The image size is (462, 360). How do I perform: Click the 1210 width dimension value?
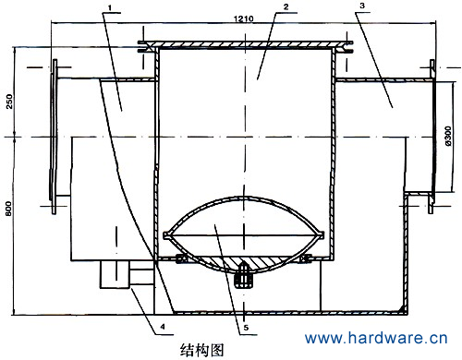(243, 18)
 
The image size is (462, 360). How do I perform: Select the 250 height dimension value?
(9, 102)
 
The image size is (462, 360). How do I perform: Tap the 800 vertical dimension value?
(8, 209)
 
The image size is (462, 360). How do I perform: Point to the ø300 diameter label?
(448, 136)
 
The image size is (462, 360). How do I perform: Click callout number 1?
(109, 7)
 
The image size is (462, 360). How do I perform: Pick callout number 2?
(286, 6)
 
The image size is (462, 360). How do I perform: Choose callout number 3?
(362, 6)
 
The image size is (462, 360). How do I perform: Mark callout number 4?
(163, 327)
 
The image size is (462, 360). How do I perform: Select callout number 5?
(246, 328)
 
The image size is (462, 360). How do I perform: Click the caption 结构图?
(201, 350)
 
